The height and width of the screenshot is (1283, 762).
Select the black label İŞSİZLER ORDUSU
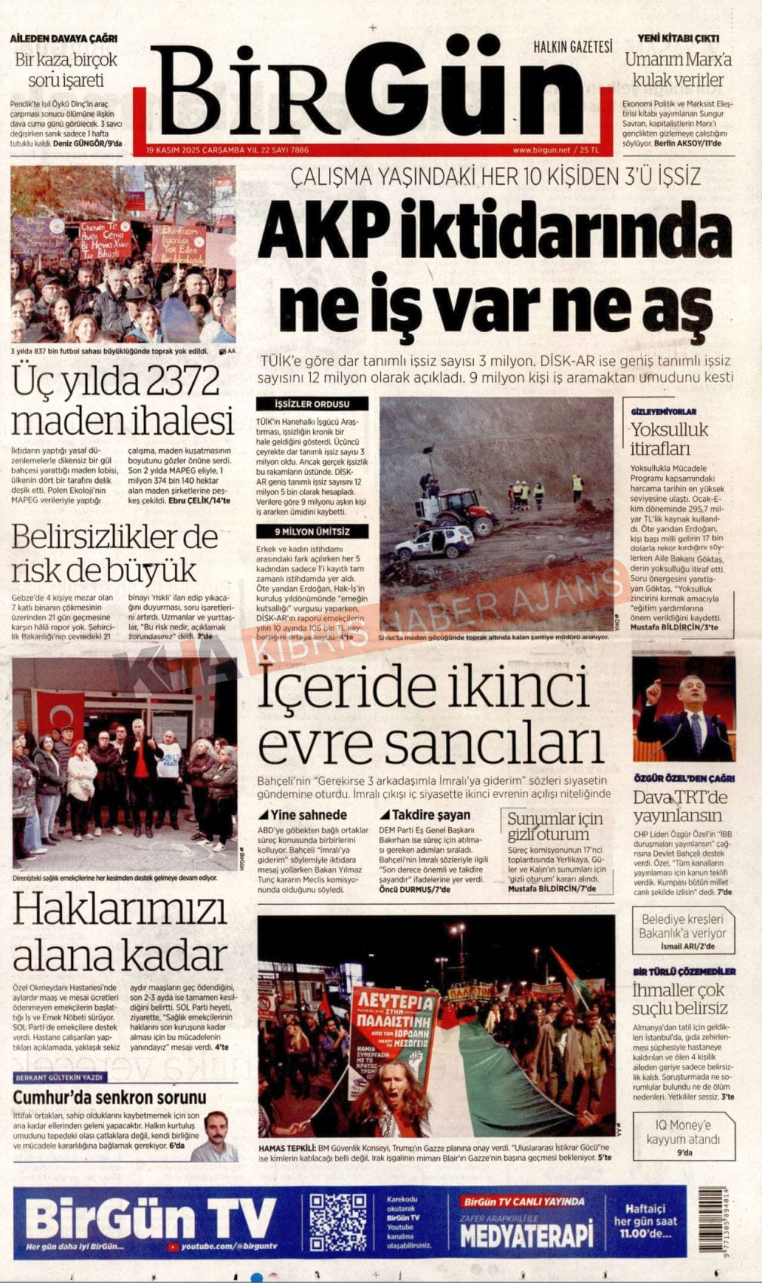pos(312,404)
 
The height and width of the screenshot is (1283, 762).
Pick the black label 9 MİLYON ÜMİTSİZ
pos(312,531)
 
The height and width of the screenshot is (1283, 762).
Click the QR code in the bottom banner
pos(337,1222)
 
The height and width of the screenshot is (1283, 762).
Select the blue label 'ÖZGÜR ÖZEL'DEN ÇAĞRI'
pos(684,778)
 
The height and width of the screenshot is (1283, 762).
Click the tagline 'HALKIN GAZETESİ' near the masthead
pos(573,47)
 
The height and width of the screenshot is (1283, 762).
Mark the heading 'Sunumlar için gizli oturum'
pos(555,826)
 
